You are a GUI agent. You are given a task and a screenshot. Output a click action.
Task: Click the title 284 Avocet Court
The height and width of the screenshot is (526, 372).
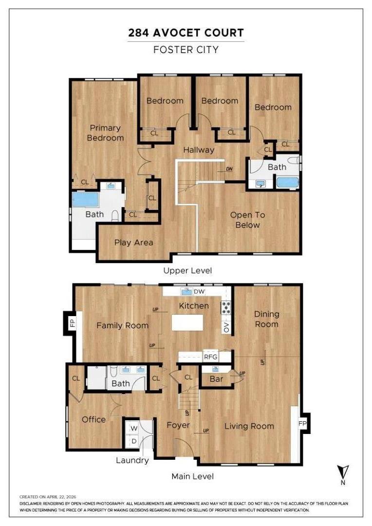[186, 33]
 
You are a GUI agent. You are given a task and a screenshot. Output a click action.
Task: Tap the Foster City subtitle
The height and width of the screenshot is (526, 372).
[186, 50]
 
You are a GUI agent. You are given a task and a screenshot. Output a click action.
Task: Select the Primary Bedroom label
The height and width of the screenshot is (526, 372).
[105, 132]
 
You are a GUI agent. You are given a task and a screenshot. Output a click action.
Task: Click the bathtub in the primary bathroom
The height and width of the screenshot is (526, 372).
[85, 199]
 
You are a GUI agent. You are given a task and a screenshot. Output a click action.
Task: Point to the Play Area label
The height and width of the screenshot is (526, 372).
[133, 243]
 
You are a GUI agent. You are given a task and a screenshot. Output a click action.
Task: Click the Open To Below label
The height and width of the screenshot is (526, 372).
[247, 220]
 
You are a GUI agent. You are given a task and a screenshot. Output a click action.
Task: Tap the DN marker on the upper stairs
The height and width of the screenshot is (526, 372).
[229, 169]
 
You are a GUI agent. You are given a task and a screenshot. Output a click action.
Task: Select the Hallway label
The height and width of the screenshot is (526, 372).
[199, 150]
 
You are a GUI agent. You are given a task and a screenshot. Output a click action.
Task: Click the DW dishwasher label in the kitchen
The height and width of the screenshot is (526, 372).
[199, 292]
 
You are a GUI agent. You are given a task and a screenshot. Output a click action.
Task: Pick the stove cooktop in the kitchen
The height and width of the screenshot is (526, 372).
[226, 307]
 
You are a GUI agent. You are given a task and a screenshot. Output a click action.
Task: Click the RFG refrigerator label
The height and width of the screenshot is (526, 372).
[210, 357]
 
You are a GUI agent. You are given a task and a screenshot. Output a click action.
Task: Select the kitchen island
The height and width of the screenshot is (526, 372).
[187, 322]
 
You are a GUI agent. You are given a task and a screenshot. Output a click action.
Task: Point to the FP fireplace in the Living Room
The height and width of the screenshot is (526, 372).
[302, 424]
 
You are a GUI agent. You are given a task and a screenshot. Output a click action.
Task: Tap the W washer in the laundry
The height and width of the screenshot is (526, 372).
[134, 429]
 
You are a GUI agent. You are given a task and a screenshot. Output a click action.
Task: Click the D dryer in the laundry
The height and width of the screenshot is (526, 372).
[134, 441]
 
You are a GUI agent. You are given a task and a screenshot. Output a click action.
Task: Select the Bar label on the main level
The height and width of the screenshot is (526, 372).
[216, 379]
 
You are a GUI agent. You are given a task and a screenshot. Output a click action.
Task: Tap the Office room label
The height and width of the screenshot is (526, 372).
[93, 419]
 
